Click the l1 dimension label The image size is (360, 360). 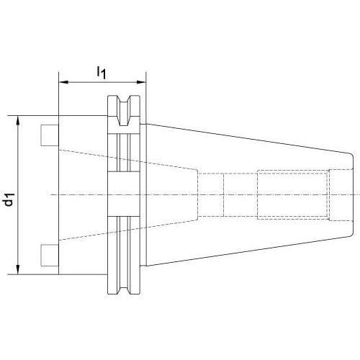pyautogui.click(x=101, y=73)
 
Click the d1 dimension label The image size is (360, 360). pyautogui.click(x=9, y=199)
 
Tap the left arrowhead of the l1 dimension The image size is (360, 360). pyautogui.click(x=63, y=82)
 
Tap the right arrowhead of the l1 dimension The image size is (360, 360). pyautogui.click(x=141, y=82)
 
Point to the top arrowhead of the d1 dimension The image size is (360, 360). pyautogui.click(x=18, y=120)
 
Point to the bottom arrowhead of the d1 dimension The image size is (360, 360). pyautogui.click(x=18, y=269)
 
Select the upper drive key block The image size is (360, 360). pyautogui.click(x=50, y=135)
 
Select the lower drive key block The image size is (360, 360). pyautogui.click(x=50, y=255)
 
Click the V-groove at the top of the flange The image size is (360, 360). pyautogui.click(x=124, y=111)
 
